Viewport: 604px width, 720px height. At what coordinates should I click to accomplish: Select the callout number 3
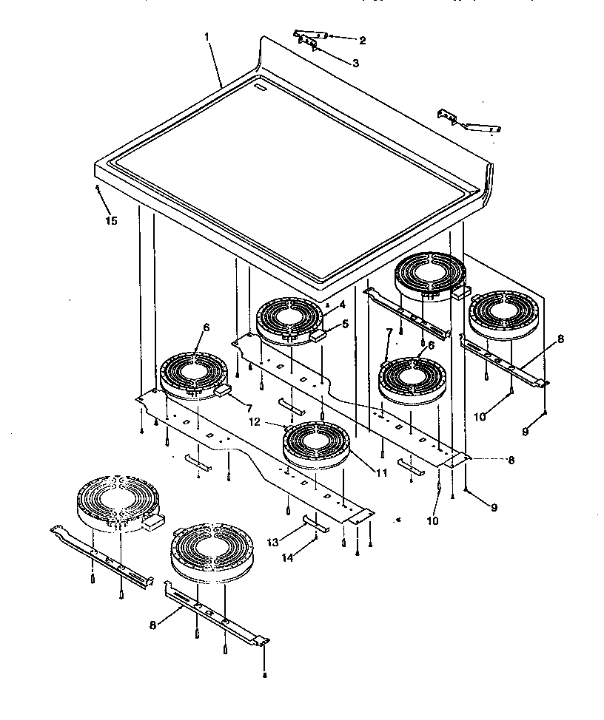point(355,64)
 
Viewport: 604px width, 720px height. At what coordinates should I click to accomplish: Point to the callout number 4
point(342,305)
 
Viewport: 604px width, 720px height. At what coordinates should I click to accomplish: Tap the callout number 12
point(276,423)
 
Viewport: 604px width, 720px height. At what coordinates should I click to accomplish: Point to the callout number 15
point(111,220)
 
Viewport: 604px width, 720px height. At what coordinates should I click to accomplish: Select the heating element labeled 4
point(290,320)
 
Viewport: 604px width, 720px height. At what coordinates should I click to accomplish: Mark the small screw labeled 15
point(98,189)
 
